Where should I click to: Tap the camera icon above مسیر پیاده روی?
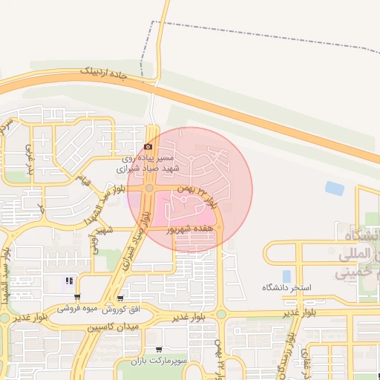[x=148, y=147]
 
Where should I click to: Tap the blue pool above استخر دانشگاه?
[x=286, y=276]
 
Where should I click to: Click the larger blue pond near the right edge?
[x=335, y=189]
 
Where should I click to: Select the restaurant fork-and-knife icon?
[x=69, y=281]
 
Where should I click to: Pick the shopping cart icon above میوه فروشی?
[x=77, y=297]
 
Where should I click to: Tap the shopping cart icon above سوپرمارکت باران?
[x=158, y=350]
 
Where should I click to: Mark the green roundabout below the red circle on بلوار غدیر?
[x=220, y=314]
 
